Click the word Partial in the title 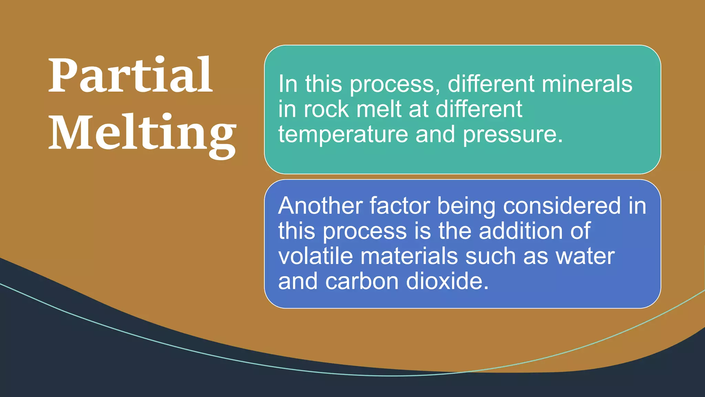click(x=130, y=75)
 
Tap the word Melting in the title click(x=142, y=134)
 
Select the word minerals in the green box click(x=587, y=84)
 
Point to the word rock click(x=326, y=109)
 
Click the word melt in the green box click(x=379, y=109)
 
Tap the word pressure click(x=513, y=135)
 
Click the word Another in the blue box click(x=320, y=206)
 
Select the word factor click(x=400, y=206)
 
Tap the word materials click(x=409, y=256)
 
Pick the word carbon click(x=362, y=282)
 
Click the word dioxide click(x=447, y=282)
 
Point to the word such click(x=491, y=256)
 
